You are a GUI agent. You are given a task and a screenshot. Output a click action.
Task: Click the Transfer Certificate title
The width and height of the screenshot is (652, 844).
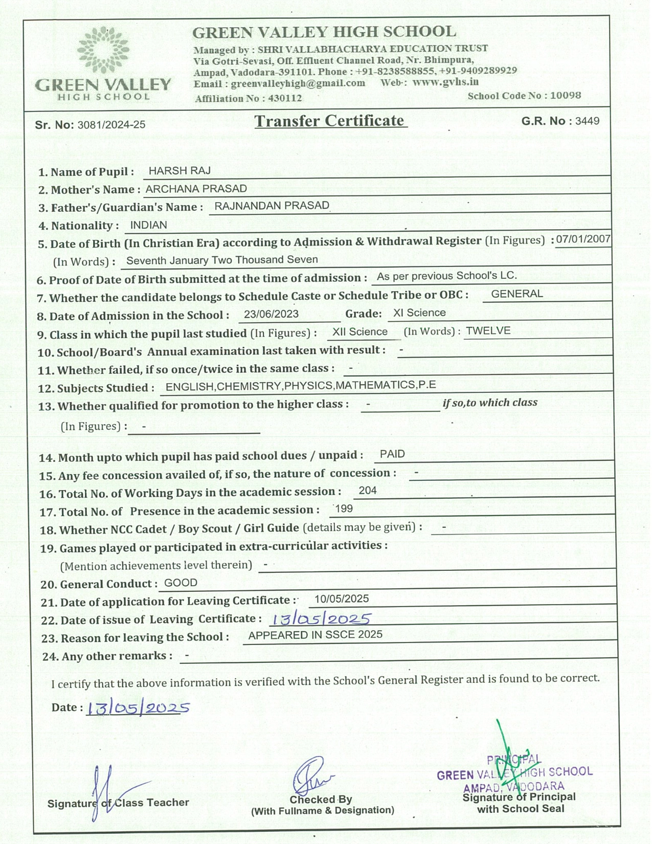click(330, 121)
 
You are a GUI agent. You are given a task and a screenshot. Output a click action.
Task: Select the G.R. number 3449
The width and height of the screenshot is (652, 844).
click(587, 121)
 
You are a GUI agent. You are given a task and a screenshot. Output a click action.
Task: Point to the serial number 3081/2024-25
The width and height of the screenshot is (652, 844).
click(111, 125)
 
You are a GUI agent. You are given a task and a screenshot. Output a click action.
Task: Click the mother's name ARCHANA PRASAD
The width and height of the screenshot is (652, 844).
click(196, 189)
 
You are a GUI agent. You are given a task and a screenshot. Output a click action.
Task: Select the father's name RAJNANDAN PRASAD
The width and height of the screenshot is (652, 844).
click(272, 206)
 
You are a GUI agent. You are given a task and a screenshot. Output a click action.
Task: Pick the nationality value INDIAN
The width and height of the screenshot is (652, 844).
click(148, 225)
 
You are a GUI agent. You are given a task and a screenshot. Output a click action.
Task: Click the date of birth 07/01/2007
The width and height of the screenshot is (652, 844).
click(583, 239)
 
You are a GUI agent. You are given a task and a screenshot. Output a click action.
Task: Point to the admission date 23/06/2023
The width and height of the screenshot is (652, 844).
click(271, 314)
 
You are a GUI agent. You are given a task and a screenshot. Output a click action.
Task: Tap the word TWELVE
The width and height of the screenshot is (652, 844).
click(488, 331)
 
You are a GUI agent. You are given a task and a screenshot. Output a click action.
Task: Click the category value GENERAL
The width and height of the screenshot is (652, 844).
click(516, 294)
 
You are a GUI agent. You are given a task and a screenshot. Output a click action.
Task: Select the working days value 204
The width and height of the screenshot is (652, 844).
click(368, 491)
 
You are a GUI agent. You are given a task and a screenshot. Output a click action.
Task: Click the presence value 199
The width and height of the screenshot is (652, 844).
click(344, 508)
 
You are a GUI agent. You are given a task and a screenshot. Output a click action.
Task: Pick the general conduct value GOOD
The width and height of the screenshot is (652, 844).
click(181, 583)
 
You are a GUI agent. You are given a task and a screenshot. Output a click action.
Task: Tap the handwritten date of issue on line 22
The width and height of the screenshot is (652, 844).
click(321, 619)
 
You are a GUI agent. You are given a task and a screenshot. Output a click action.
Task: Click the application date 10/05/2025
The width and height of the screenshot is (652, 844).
click(342, 599)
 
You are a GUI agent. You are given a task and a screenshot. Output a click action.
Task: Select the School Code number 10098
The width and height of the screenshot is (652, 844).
click(566, 96)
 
